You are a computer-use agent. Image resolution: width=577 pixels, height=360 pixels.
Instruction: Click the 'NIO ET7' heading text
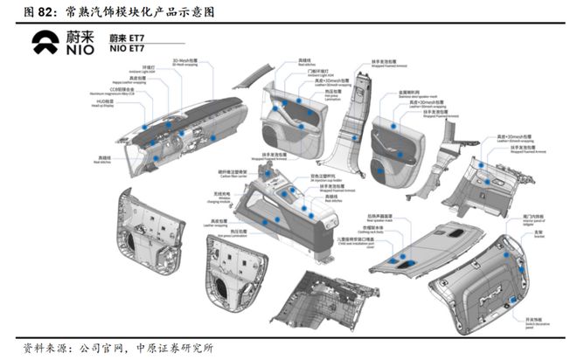click(x=128, y=49)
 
